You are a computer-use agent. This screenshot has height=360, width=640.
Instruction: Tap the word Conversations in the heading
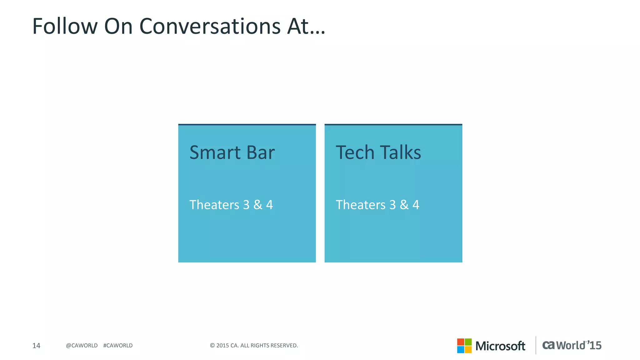click(x=210, y=26)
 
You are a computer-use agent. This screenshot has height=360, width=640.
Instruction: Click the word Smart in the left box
click(x=215, y=153)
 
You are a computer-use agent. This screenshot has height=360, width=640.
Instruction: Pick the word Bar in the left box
click(x=260, y=153)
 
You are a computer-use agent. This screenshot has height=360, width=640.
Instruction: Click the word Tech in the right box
click(x=355, y=153)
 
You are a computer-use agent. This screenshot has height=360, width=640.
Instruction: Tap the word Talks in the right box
click(x=400, y=153)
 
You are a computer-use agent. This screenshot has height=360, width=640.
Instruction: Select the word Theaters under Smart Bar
click(x=214, y=205)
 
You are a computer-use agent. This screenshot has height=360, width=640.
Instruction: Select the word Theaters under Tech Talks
click(x=361, y=205)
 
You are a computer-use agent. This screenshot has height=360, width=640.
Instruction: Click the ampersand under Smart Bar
click(x=258, y=205)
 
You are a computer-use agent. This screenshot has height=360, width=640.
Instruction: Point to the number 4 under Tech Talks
click(x=416, y=205)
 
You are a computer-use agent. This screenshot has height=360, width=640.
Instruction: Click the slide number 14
click(x=36, y=346)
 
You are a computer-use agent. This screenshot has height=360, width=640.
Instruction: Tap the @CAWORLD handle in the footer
click(x=82, y=346)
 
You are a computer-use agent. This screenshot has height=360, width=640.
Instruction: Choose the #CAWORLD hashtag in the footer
click(x=118, y=346)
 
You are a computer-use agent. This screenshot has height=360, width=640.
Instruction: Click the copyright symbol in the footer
click(x=212, y=346)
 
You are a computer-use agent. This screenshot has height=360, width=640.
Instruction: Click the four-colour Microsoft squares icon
click(x=464, y=346)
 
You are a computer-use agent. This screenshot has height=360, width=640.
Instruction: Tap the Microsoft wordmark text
click(x=500, y=346)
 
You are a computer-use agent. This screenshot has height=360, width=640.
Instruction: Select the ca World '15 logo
click(x=572, y=345)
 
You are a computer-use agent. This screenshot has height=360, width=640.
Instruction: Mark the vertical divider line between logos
click(x=536, y=345)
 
